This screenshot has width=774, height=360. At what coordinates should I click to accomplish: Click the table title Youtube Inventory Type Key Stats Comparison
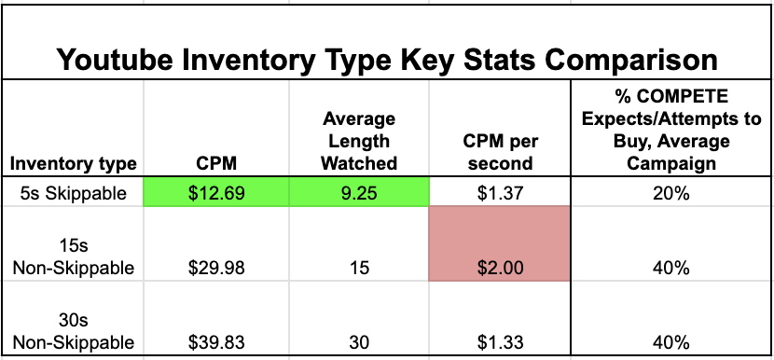387,60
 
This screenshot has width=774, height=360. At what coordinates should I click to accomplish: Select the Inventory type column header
73,164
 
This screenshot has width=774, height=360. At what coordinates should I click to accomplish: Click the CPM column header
216,164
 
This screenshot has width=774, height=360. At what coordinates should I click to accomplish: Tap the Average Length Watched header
359,141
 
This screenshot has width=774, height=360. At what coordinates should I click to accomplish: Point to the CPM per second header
500,153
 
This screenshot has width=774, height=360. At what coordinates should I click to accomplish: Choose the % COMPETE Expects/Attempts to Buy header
671,130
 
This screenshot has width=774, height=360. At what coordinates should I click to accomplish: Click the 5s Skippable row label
74,193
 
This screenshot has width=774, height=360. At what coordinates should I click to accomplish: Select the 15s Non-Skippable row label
74,256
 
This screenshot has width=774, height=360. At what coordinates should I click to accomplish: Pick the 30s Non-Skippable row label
74,331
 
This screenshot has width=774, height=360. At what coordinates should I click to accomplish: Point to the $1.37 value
500,193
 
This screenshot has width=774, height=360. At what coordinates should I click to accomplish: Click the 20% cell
671,193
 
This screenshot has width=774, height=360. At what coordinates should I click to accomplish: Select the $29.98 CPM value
216,269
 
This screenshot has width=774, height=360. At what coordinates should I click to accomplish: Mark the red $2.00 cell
499,243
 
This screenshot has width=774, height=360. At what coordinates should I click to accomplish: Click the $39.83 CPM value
216,342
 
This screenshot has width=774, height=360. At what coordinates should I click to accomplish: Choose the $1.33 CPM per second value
500,342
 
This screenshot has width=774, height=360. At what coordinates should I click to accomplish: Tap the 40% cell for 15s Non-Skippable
671,269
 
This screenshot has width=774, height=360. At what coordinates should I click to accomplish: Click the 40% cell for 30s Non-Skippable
671,342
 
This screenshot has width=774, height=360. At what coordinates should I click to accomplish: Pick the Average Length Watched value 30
359,342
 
